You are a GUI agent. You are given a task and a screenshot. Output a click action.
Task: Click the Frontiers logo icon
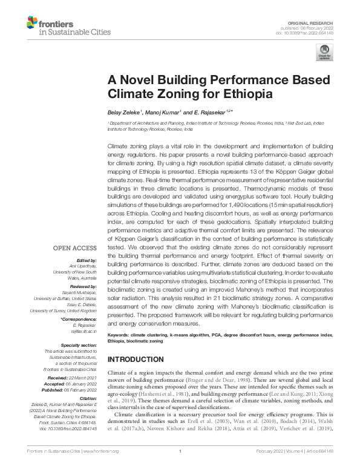(x=32, y=25)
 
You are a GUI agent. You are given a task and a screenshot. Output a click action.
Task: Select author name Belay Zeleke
(x=123, y=112)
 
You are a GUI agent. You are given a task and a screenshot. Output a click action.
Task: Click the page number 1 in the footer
(x=180, y=468)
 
